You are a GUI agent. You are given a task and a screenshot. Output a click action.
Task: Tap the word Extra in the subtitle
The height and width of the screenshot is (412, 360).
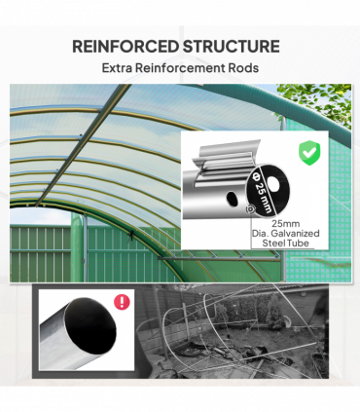click(122, 69)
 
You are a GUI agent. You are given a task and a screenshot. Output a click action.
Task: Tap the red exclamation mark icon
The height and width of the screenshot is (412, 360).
click(121, 302)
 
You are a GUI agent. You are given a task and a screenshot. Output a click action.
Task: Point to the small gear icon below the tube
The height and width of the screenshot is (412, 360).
click(251, 207)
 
